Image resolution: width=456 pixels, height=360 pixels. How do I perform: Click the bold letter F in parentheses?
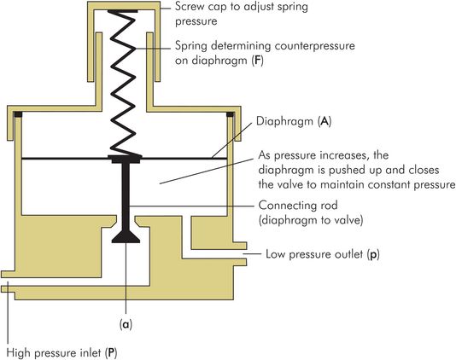257,61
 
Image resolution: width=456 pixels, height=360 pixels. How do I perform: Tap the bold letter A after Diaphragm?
324,121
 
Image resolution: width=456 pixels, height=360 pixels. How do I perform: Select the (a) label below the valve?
126,324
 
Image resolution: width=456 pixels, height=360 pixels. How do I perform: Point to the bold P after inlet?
111,353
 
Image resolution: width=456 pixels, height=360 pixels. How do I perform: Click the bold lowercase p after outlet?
373,255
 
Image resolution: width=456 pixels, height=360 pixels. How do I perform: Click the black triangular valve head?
126,237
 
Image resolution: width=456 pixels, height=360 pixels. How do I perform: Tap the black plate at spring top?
122,11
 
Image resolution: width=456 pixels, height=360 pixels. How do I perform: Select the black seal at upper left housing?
18,114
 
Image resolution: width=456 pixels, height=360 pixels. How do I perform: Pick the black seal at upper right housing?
230,114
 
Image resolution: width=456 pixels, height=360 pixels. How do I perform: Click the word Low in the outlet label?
276,254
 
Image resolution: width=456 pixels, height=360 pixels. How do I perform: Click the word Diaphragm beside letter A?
284,122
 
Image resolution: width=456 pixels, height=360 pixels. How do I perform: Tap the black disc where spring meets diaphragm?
126,159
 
